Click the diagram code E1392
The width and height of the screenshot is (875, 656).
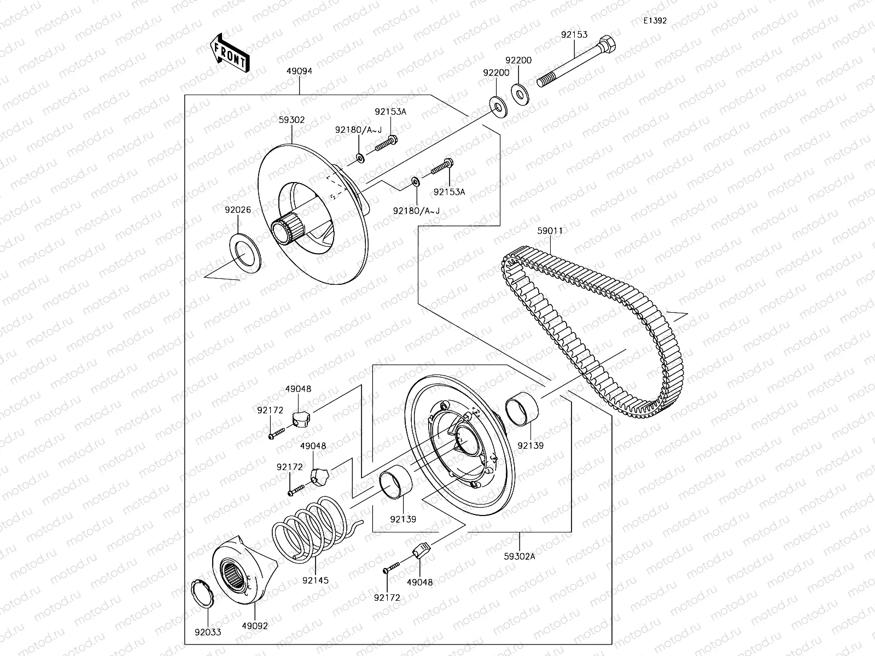[x=655, y=21]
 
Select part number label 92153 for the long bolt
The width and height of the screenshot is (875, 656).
[x=574, y=34]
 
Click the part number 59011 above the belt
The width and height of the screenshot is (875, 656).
[x=550, y=231]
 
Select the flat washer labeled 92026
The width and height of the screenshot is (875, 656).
[x=245, y=252]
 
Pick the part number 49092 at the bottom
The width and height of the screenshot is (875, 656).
[x=255, y=625]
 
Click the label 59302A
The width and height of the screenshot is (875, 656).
[x=519, y=557]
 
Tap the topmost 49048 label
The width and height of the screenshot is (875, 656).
[x=298, y=389]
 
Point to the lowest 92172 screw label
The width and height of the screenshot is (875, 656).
[x=387, y=598]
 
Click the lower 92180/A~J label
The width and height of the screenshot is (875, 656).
[x=416, y=210]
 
